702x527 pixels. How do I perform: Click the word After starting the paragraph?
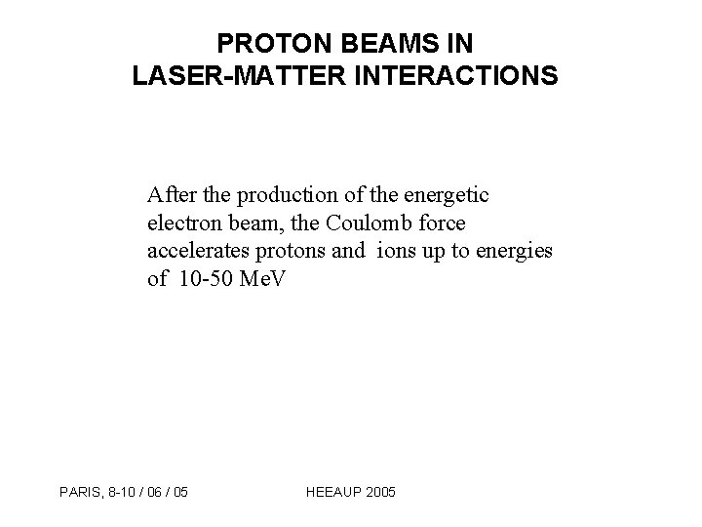coord(172,195)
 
